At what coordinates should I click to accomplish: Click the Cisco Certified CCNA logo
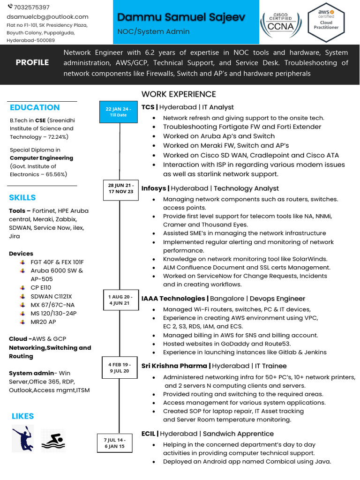pos(281,22)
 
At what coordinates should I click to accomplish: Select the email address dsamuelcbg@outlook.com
pos(47,16)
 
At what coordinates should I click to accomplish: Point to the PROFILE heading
pos(32,62)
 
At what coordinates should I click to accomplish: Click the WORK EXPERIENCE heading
pos(179,94)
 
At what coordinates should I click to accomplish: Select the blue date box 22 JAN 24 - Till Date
pos(119,112)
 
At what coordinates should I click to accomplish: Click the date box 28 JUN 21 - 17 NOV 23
pos(120,188)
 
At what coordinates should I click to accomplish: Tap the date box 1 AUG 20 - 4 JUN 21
pos(120,300)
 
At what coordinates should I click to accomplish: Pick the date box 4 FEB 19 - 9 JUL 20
pos(119,367)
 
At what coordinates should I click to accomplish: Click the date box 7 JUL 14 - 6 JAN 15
pos(114,443)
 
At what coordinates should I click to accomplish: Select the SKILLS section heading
pos(22,197)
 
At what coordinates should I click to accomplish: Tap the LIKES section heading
pos(22,416)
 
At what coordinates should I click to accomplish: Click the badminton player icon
pos(22,439)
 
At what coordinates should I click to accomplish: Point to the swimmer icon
pos(52,439)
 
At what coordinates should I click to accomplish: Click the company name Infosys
pos(154,188)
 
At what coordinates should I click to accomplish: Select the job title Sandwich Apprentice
pos(238,434)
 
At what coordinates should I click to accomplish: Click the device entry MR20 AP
pos(43,322)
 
